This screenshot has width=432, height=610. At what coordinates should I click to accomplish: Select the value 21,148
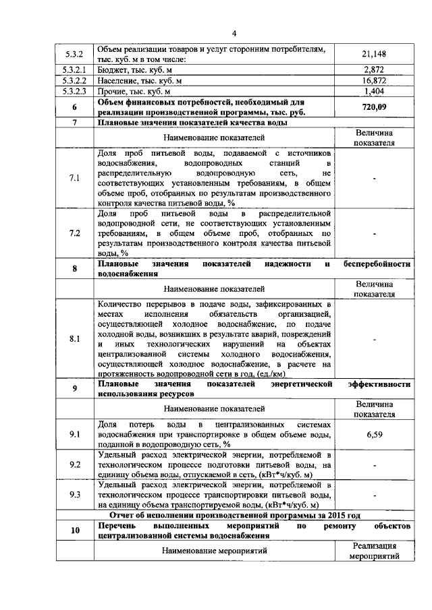373,55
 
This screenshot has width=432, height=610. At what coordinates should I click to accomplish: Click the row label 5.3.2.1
75,69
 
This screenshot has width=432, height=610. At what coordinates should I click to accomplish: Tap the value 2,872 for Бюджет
373,69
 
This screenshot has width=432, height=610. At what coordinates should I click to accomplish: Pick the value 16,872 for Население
373,80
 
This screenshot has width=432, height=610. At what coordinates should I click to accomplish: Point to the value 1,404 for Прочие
373,91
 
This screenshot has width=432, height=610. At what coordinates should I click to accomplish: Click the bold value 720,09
373,107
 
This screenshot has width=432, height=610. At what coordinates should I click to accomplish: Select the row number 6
75,107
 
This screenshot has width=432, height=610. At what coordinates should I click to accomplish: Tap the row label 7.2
75,233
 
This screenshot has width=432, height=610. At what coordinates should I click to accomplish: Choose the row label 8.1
75,339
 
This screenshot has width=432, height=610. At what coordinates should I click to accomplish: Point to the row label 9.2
75,464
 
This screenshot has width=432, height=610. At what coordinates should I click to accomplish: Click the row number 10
75,530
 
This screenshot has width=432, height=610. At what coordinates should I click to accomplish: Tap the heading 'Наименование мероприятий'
214,551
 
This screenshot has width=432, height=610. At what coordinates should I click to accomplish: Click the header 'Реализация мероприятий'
374,551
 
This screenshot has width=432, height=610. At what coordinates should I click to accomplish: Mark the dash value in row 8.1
374,339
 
